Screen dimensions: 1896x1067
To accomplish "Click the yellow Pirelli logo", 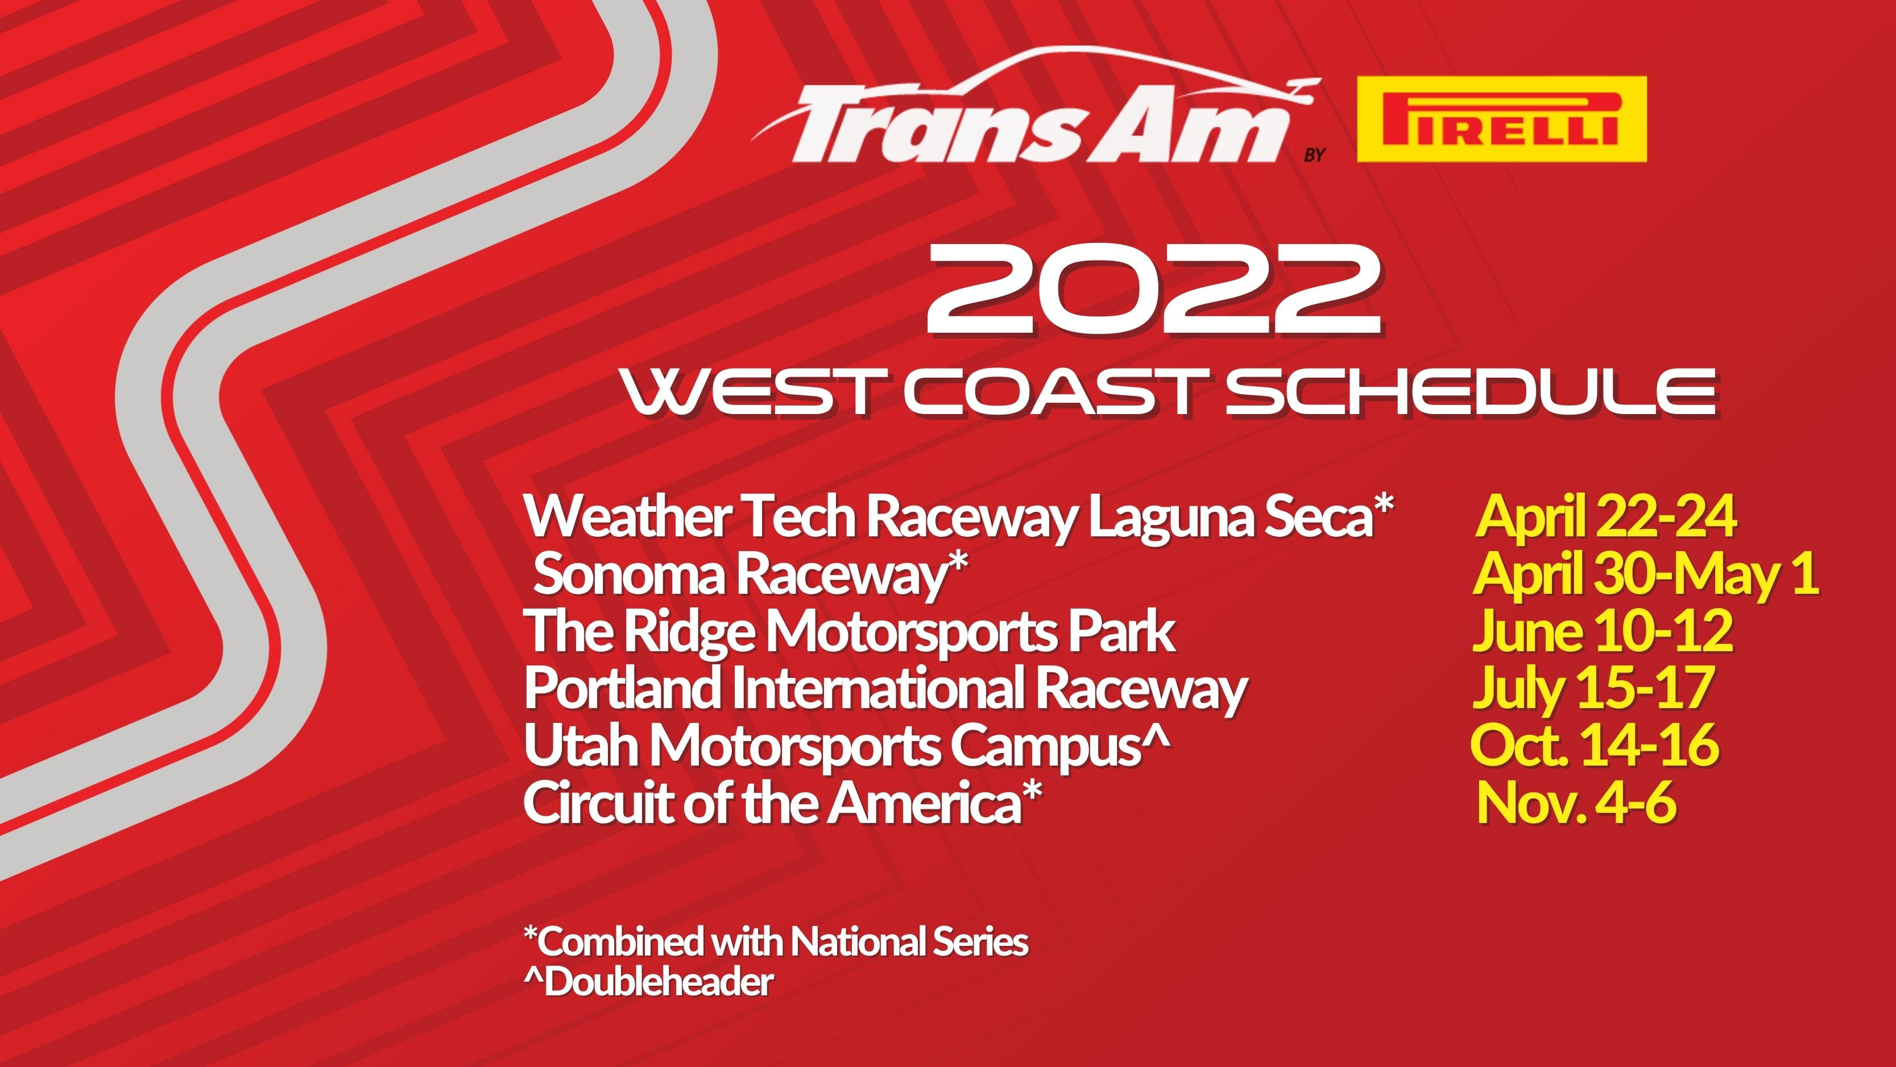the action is (1501, 119).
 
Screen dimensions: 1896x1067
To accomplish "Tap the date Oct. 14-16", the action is (1595, 744).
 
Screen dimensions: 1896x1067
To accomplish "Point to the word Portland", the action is (623, 688).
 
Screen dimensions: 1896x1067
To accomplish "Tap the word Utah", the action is (581, 745).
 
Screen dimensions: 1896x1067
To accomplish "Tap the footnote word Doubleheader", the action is (659, 982).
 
